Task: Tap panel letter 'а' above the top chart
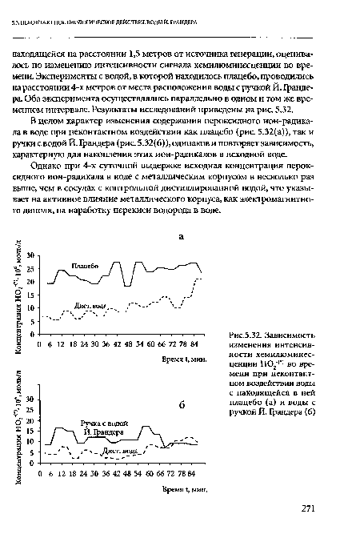coord(181,237)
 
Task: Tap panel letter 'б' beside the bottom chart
coord(182,405)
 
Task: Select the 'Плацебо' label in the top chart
coord(85,265)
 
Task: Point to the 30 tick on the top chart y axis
coord(30,254)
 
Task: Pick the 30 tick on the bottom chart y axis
coord(30,398)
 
